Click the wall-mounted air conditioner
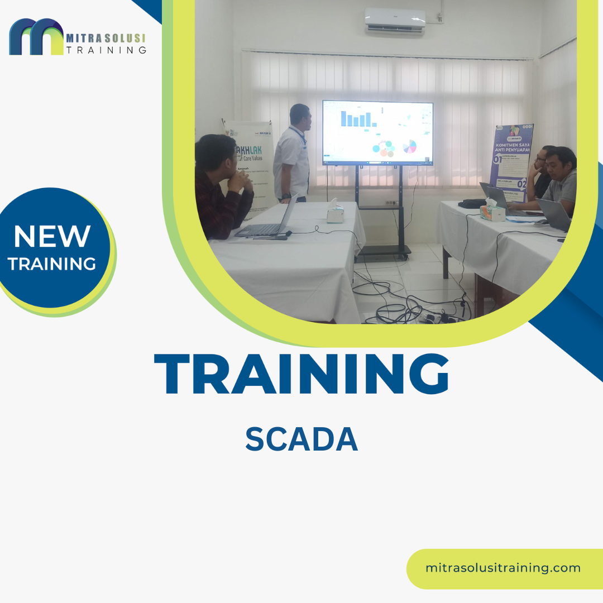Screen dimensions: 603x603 395,22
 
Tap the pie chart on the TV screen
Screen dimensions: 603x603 409,147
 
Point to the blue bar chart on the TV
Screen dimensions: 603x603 356,118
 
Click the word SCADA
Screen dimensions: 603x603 301,440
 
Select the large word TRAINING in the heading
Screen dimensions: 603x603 301,374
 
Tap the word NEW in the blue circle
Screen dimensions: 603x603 52,237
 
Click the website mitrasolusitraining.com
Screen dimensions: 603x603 502,568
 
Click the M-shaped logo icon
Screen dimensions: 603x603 36,37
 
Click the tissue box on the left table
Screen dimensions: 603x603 336,213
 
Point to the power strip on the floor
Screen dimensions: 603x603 435,318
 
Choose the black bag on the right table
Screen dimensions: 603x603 472,204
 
